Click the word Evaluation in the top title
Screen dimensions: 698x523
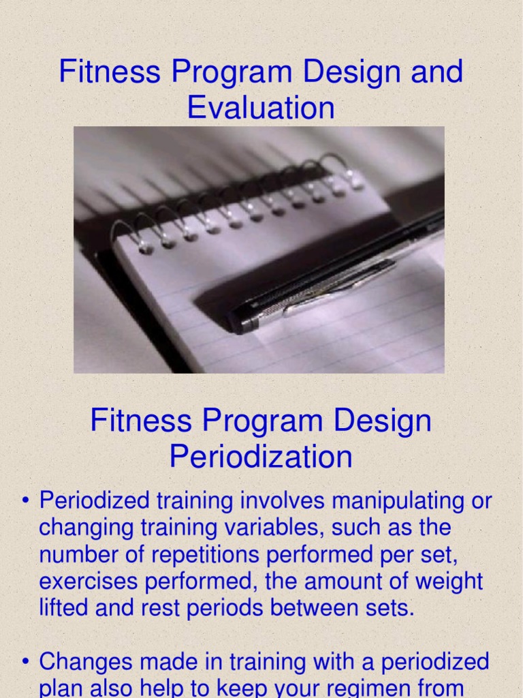[261, 108]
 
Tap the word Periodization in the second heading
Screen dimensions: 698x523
[261, 457]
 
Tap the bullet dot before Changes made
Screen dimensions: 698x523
[26, 662]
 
